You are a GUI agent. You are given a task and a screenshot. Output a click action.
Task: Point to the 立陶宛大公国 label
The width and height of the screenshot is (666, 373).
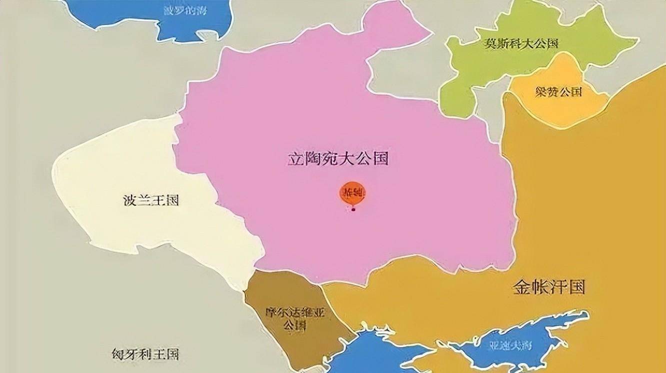click(x=338, y=159)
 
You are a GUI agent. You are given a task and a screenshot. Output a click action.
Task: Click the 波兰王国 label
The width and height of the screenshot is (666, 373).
click(x=150, y=201)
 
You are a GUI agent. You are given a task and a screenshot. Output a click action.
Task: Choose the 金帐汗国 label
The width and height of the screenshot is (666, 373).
click(x=548, y=288)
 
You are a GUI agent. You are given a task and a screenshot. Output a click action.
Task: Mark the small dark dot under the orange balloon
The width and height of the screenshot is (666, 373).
click(x=353, y=210)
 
